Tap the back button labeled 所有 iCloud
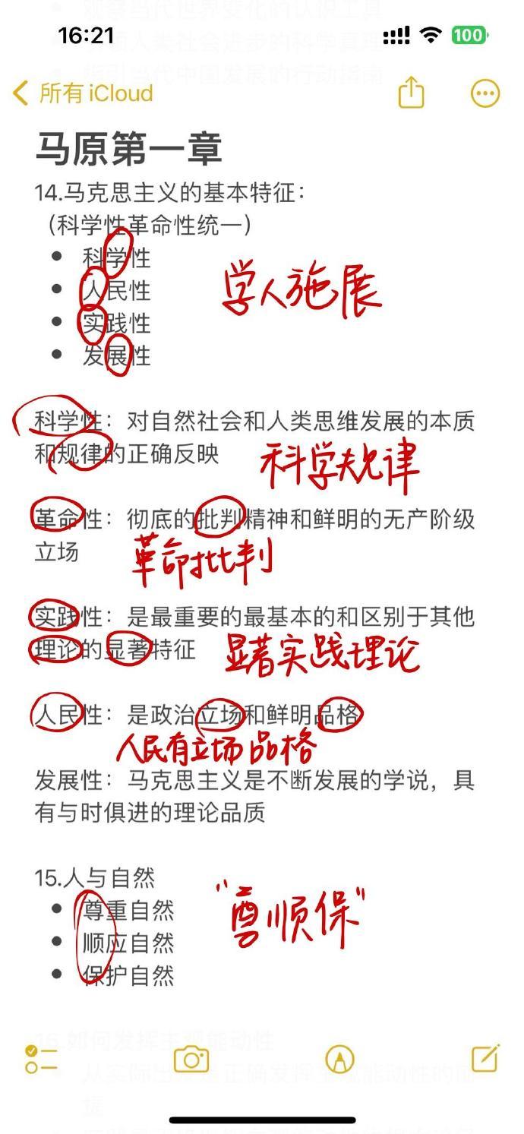point(84,93)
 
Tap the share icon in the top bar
point(411,93)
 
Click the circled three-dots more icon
point(485,93)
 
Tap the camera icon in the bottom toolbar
point(191,1059)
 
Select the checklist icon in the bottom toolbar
point(41,1059)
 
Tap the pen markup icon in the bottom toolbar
point(339,1059)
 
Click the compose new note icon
point(485,1058)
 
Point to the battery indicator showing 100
point(469,35)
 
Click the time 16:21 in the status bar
point(86,36)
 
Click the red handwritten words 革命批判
point(202,560)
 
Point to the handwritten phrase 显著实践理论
point(322,652)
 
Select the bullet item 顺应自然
point(128,943)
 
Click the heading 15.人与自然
point(95,878)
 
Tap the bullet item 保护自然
point(128,975)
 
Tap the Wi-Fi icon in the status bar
point(431,35)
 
